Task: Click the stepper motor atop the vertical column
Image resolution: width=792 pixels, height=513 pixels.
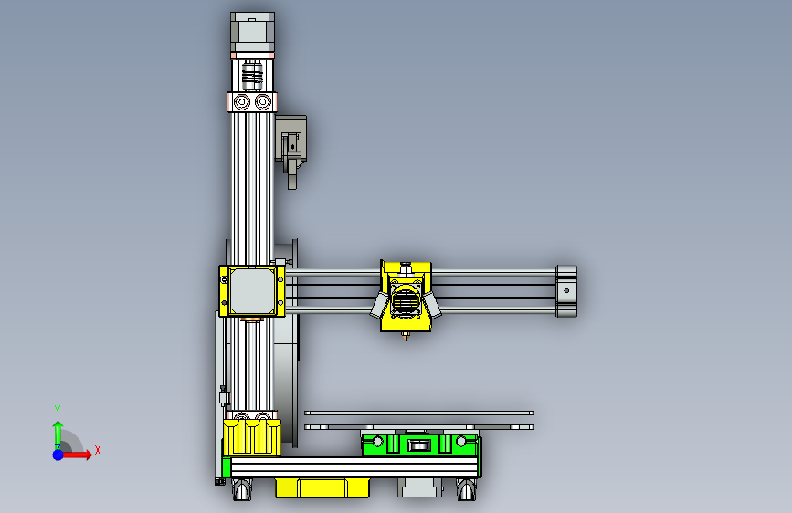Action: pos(252,34)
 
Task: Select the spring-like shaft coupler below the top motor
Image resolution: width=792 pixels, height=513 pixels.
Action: pos(252,72)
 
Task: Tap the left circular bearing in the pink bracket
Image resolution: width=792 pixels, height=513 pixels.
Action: pos(242,100)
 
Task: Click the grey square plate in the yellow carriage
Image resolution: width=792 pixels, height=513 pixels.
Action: pos(252,289)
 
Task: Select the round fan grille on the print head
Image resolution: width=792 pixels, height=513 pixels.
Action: pos(407,299)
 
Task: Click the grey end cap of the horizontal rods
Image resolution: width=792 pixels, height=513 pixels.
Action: pos(566,290)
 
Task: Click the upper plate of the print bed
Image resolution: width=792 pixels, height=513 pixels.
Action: pos(419,413)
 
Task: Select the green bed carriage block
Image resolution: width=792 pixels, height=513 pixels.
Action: pos(419,445)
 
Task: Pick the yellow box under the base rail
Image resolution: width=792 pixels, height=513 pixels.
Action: pos(322,487)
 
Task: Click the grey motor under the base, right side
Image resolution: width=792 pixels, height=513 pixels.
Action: pos(419,488)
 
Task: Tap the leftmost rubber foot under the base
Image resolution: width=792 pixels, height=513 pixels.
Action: pos(243,491)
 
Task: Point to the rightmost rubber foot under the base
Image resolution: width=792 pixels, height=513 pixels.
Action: pos(467,491)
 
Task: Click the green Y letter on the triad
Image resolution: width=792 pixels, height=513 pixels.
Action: pos(57,410)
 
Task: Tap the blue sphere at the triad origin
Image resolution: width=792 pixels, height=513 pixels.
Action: pos(58,454)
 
